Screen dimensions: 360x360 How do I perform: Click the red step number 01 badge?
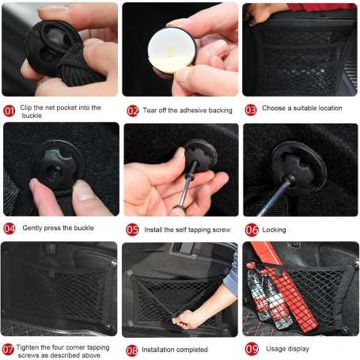coord(9,111)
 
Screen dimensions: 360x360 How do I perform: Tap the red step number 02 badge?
coord(133,111)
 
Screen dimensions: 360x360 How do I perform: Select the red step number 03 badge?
coord(251,110)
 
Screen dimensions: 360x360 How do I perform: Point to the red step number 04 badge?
coord(9,229)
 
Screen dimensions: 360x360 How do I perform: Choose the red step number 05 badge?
coord(132,229)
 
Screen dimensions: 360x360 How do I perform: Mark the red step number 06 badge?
coord(252,230)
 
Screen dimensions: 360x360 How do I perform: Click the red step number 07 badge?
coord(8,350)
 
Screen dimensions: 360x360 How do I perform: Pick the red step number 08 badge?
coord(132,351)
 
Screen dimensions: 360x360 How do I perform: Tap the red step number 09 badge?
coord(252,349)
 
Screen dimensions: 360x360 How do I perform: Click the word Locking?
coord(274,230)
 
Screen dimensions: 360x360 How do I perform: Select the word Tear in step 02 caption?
coord(150,110)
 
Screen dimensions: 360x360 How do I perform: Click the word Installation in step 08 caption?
coord(156,350)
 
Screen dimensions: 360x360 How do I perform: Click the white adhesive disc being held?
coord(172,51)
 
